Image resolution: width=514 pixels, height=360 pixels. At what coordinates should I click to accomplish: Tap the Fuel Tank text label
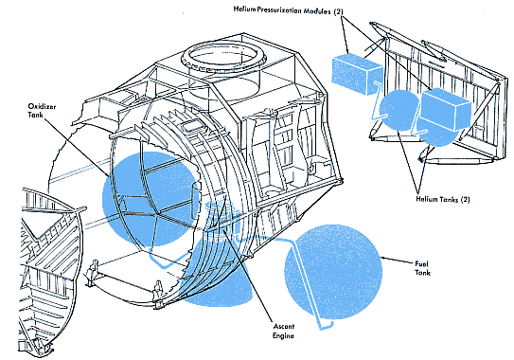[422, 268]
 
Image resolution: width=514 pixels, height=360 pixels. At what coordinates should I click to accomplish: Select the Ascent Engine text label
[284, 331]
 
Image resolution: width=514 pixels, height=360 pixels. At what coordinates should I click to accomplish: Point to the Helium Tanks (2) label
[443, 199]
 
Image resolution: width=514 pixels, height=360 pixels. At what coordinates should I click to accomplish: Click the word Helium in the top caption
[244, 9]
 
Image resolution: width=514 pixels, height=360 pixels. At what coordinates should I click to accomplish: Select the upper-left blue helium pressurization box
[356, 73]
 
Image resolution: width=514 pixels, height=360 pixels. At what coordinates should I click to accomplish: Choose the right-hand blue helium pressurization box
[445, 108]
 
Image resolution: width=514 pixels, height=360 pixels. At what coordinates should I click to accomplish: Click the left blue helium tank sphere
[398, 110]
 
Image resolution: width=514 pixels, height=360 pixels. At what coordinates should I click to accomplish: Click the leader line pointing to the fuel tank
[397, 260]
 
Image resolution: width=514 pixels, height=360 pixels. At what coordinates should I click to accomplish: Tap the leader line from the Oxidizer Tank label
[77, 147]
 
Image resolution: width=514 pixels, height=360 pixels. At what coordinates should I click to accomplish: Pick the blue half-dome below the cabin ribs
[218, 285]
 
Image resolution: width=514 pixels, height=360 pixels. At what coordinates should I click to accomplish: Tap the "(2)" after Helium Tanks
[466, 199]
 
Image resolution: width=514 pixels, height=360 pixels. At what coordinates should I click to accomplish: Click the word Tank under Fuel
[422, 272]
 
